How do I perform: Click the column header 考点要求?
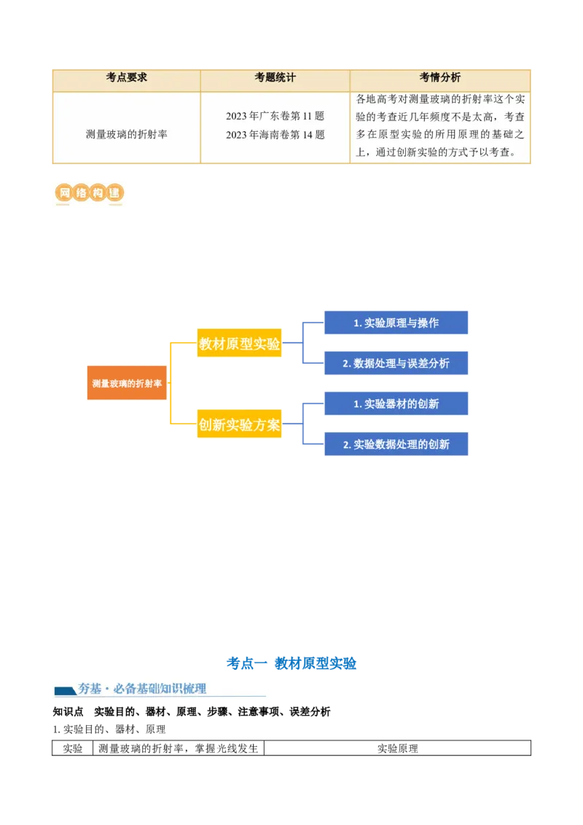point(126,78)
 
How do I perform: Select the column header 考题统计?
point(275,78)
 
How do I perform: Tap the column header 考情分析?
point(439,78)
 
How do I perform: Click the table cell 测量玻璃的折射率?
point(126,134)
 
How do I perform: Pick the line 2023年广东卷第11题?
point(275,116)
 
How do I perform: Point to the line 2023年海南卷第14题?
point(275,135)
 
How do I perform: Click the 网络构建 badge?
point(87,194)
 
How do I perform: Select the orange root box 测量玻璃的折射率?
point(127,383)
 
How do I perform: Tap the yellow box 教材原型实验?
point(239,344)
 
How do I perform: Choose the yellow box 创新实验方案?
point(239,425)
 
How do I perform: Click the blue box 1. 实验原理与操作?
point(396,323)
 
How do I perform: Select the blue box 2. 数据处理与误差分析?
point(396,363)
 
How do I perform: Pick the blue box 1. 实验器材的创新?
point(396,404)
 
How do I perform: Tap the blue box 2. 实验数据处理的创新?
point(396,444)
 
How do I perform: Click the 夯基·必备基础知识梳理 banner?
point(160,688)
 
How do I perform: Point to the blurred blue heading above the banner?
point(291,662)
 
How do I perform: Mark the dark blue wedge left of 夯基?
point(65,690)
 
